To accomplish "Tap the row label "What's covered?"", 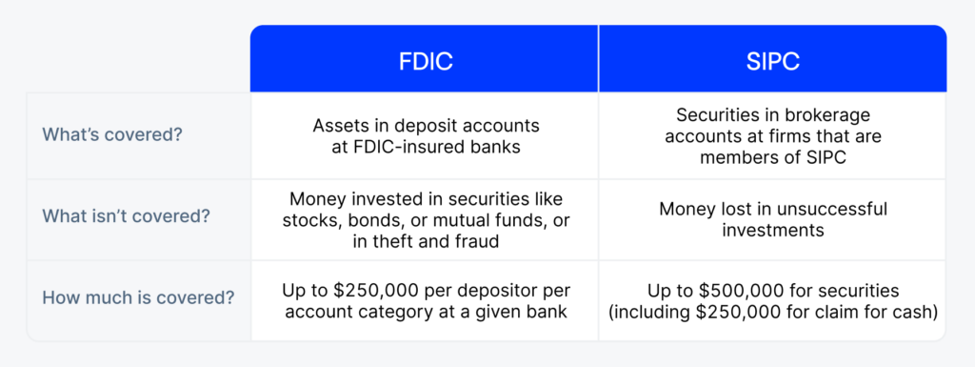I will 112,133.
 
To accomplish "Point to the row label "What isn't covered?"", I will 126,217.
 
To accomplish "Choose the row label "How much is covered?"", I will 138,296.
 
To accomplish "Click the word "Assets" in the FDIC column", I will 338,124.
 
